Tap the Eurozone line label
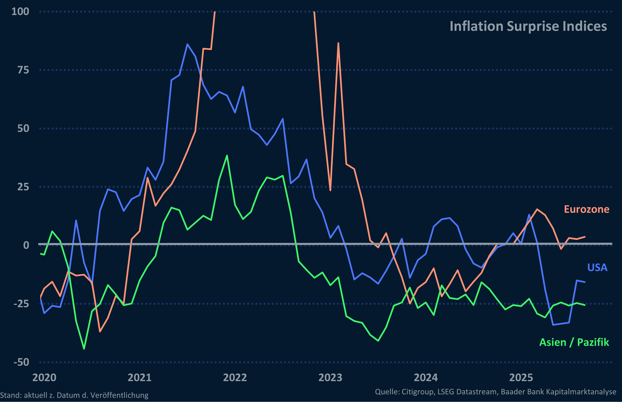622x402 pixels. coord(586,209)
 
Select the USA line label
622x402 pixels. coord(597,268)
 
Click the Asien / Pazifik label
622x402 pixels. coord(574,342)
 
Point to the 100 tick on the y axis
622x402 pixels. coord(20,11)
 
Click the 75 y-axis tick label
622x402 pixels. coord(23,70)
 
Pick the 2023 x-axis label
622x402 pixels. coord(330,378)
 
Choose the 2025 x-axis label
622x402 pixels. coord(521,378)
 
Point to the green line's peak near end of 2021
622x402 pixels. coord(227,156)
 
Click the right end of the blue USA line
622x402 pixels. coord(585,282)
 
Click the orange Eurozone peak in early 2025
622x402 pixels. coord(537,209)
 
